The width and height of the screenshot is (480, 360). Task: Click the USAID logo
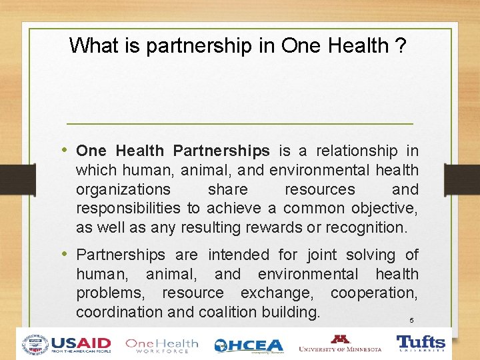(67, 344)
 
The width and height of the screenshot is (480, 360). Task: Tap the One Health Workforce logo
(162, 345)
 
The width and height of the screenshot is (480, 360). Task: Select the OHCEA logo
(249, 345)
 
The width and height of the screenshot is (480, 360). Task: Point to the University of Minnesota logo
(340, 344)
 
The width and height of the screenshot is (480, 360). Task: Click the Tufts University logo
(421, 344)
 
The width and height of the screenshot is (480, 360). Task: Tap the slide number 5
(411, 321)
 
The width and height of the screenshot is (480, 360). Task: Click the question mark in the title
(400, 46)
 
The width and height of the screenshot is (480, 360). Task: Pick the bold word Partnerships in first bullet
(221, 151)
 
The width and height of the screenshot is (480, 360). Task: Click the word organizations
(123, 189)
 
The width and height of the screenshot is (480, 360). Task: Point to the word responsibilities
(128, 209)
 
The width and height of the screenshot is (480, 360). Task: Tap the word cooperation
(374, 293)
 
